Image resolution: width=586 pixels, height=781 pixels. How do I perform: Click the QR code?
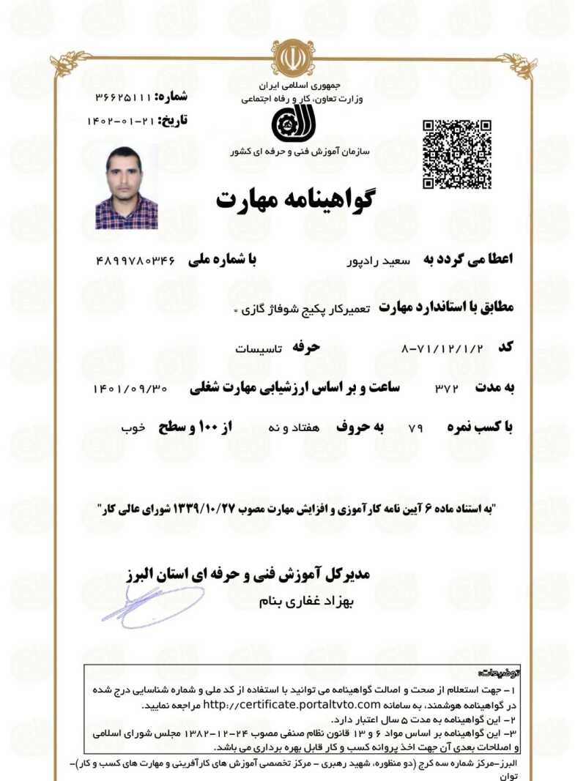coord(456,154)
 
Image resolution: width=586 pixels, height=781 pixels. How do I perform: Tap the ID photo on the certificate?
coord(126,188)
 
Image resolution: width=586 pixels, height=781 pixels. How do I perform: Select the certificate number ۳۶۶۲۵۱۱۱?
coord(122,97)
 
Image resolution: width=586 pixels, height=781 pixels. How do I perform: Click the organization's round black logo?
coord(293,124)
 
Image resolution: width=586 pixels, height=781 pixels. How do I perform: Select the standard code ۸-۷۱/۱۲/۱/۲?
coord(443,347)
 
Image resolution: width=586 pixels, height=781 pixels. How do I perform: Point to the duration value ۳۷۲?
coord(446,388)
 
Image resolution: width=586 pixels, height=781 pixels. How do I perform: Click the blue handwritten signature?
coord(154,605)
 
